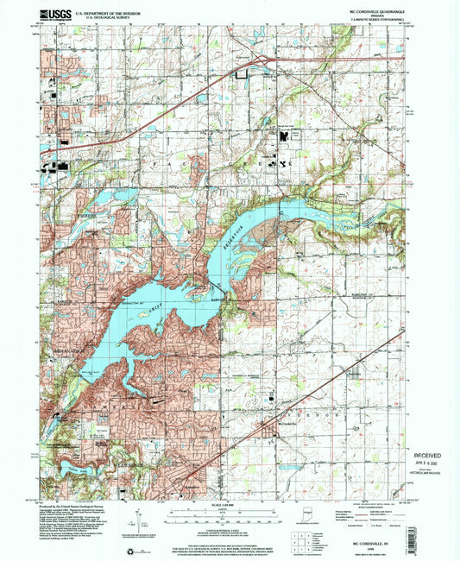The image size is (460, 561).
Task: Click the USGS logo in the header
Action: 56,14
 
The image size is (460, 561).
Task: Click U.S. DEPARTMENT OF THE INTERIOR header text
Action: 104,11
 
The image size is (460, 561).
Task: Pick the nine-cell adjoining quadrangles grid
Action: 299,540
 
